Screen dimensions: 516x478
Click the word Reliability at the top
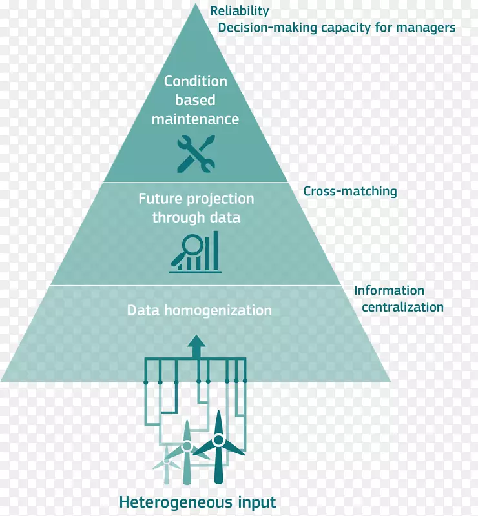tap(240, 11)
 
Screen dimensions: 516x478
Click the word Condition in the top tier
tap(196, 81)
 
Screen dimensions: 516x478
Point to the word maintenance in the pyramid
tap(196, 119)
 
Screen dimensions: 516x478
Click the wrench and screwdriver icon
tap(195, 153)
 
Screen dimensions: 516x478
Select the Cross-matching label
tap(350, 191)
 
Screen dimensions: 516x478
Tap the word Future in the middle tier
tap(158, 199)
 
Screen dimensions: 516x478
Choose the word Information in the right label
tap(389, 291)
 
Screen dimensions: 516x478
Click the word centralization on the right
tap(402, 307)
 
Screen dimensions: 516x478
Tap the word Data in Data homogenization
tap(142, 310)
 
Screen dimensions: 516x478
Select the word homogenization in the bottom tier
tap(216, 310)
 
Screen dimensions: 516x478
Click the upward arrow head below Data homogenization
tap(196, 342)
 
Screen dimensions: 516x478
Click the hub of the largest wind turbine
tap(218, 441)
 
